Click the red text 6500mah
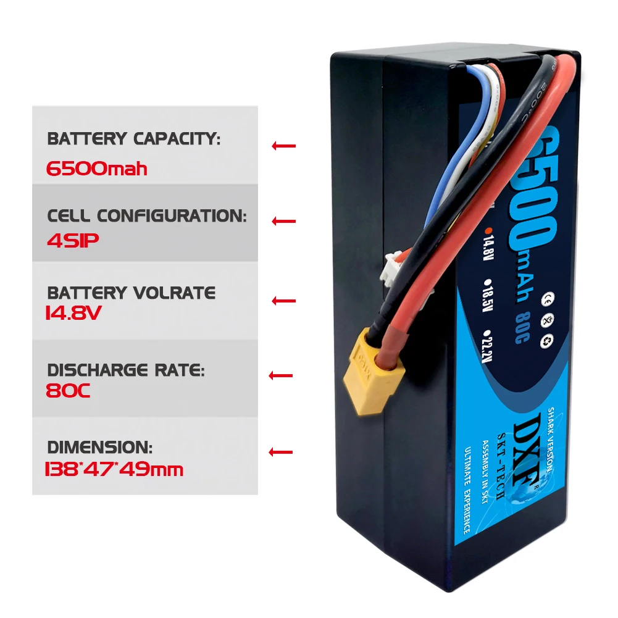click(x=97, y=169)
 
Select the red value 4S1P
click(x=73, y=240)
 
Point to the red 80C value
click(x=69, y=391)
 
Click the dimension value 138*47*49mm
click(x=115, y=469)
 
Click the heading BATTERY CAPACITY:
click(x=133, y=140)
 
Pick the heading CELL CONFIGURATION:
click(x=147, y=216)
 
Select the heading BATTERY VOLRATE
click(x=131, y=293)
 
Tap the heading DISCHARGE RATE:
click(x=125, y=370)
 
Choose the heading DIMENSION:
click(x=99, y=447)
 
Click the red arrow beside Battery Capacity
click(x=283, y=146)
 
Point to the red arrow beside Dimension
click(x=281, y=452)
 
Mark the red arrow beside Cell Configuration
click(x=283, y=221)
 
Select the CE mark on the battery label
click(x=546, y=301)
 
